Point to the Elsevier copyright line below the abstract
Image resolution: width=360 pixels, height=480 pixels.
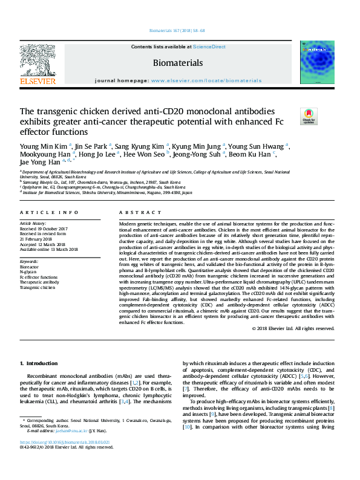pyautogui.click(x=293, y=328)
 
